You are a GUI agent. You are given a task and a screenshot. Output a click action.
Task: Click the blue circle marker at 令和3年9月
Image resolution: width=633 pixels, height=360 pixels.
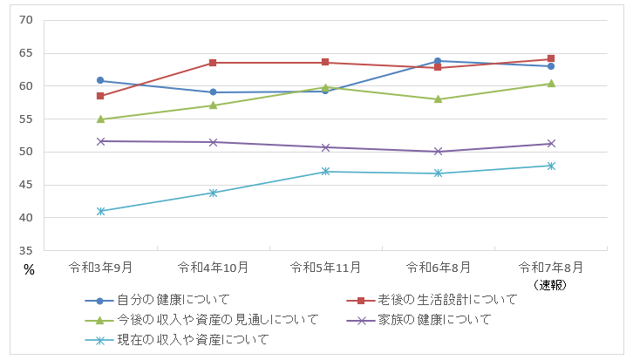pyautogui.click(x=100, y=80)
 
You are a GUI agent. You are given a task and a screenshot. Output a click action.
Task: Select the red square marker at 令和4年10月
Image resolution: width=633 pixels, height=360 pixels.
pyautogui.click(x=213, y=63)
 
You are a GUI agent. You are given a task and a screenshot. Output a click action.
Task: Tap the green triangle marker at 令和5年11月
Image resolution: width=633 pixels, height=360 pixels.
pyautogui.click(x=325, y=87)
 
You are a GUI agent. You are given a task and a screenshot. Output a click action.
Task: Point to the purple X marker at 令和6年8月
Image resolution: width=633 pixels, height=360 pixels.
pyautogui.click(x=438, y=152)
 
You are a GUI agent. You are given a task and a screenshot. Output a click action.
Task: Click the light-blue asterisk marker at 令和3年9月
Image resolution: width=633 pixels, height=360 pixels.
pyautogui.click(x=100, y=211)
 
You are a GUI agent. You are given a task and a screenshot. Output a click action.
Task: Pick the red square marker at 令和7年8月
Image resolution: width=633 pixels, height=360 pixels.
pyautogui.click(x=551, y=59)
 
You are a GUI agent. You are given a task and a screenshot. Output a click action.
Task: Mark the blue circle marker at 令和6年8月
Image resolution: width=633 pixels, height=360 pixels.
pyautogui.click(x=438, y=61)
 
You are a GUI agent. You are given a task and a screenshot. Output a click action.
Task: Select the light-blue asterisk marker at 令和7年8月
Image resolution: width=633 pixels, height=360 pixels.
pyautogui.click(x=551, y=166)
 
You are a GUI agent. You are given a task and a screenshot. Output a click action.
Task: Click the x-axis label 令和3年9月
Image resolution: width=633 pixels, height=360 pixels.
pyautogui.click(x=100, y=266)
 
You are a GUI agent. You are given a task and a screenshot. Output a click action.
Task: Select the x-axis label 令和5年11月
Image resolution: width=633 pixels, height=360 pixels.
pyautogui.click(x=325, y=266)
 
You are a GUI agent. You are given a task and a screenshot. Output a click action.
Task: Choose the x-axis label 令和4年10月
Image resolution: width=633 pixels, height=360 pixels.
pyautogui.click(x=213, y=266)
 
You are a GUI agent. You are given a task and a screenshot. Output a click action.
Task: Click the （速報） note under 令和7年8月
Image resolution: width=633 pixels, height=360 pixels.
pyautogui.click(x=551, y=284)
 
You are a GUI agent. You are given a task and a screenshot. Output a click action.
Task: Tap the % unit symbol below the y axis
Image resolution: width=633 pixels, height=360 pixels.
pyautogui.click(x=29, y=270)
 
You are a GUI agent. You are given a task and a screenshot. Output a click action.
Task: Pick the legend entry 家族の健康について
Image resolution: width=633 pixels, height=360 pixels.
pyautogui.click(x=435, y=320)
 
